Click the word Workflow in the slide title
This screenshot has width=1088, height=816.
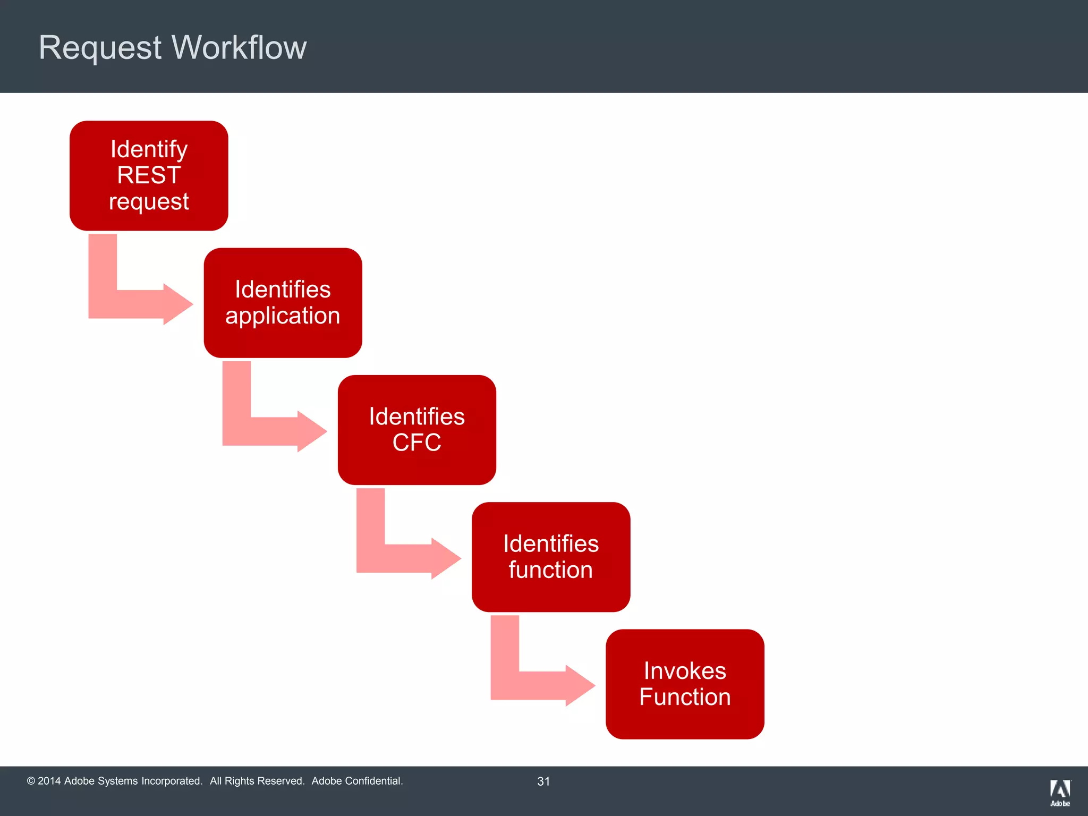tap(240, 48)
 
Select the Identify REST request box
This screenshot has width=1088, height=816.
tap(149, 176)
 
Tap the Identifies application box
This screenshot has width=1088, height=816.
tap(283, 303)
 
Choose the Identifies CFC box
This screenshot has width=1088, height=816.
tap(417, 430)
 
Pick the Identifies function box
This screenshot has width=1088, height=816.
tap(551, 557)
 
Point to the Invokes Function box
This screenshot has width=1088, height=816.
tap(685, 684)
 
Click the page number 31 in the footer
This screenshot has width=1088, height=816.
tap(543, 781)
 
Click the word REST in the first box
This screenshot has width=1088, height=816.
tap(149, 175)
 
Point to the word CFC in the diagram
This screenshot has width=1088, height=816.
tap(417, 443)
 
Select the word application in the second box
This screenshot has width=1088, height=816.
tap(283, 316)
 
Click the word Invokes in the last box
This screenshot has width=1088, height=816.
tap(685, 671)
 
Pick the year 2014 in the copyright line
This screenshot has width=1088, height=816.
tap(49, 781)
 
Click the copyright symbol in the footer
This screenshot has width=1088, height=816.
tap(31, 781)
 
